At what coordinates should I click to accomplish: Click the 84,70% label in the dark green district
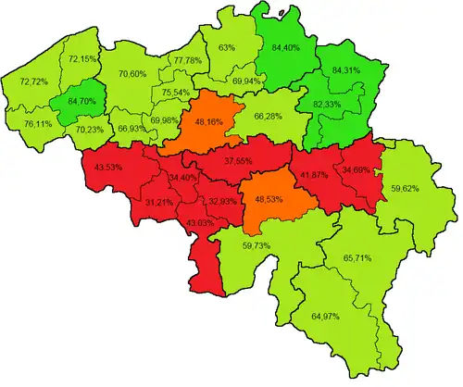click(x=70, y=103)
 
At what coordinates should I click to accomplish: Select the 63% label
click(x=226, y=47)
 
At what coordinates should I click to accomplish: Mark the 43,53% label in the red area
click(x=110, y=167)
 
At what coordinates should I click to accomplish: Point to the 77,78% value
click(x=191, y=61)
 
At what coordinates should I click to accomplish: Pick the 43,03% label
click(x=205, y=223)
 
